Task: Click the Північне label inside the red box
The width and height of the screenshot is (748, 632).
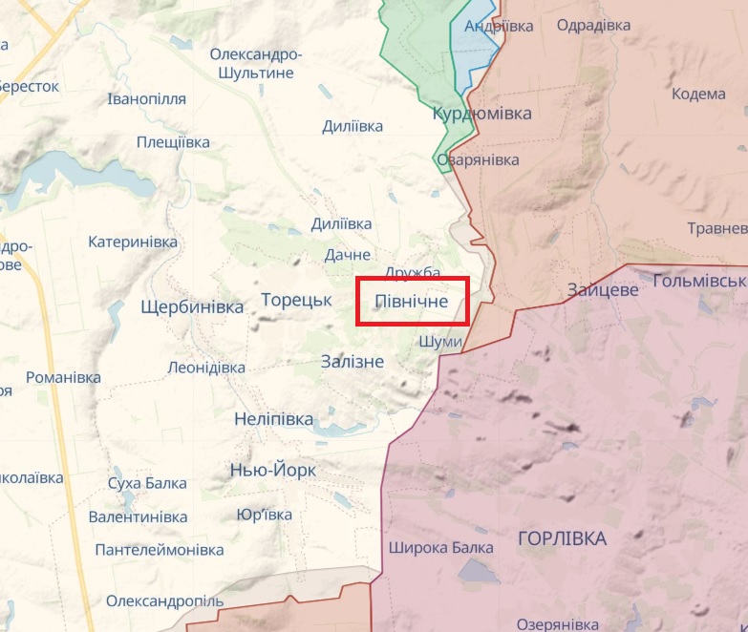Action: (412, 302)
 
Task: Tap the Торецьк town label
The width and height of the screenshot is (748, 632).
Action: (296, 300)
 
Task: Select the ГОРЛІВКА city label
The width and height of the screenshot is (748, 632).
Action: (562, 539)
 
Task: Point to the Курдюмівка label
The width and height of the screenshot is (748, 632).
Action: (481, 114)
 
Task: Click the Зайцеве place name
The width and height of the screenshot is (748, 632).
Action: (602, 289)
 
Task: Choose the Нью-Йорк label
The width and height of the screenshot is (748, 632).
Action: (273, 471)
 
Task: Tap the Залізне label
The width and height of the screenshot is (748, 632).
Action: (353, 362)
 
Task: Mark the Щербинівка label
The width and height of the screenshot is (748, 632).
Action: (192, 307)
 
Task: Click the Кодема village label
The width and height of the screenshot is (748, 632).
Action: (698, 94)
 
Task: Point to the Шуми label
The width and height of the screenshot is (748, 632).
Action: (440, 342)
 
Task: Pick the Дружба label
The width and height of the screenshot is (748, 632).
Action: (412, 274)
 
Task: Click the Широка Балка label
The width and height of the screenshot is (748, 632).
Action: (441, 548)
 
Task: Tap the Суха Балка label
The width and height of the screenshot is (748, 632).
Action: (147, 483)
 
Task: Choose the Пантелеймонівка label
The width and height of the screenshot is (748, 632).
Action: (160, 550)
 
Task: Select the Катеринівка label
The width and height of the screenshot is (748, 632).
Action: (133, 242)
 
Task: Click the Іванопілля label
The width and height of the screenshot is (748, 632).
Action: (148, 99)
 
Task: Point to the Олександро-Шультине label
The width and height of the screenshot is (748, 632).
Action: (256, 63)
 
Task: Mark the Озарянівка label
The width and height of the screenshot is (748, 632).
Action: (478, 160)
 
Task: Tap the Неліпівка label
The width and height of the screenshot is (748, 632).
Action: (273, 419)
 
